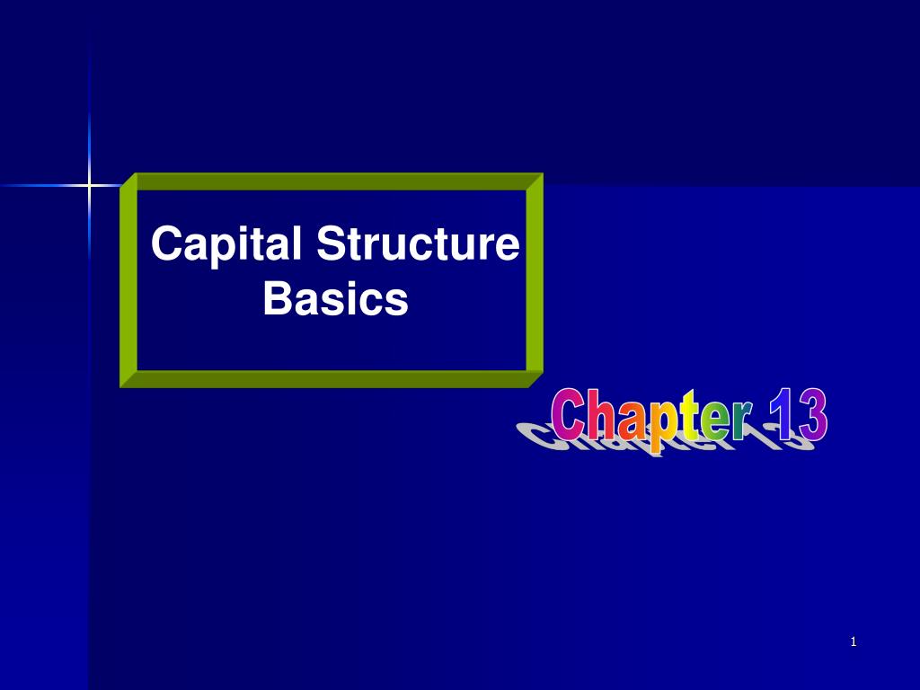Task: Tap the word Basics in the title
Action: (335, 299)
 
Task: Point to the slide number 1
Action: (854, 641)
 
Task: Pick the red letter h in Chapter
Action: (605, 416)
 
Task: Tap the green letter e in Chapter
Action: (714, 422)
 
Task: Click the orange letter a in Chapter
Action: (634, 422)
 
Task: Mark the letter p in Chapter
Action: (663, 428)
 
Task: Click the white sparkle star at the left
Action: (89, 186)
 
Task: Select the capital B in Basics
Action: (276, 299)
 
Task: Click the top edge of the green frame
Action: (332, 181)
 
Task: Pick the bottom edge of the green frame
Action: (332, 378)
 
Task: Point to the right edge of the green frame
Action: (535, 279)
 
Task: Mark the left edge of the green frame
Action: (128, 279)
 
